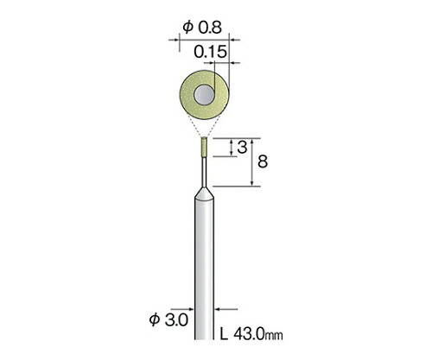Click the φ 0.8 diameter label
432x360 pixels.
(202, 28)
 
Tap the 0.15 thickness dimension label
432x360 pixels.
(210, 52)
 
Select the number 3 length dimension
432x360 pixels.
(242, 148)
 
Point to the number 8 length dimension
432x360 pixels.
(263, 161)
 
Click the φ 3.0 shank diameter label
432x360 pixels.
(168, 319)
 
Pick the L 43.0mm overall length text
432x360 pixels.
(251, 334)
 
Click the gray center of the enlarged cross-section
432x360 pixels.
(204, 95)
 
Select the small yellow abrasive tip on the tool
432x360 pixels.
(204, 147)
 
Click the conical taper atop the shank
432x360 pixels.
(204, 193)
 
